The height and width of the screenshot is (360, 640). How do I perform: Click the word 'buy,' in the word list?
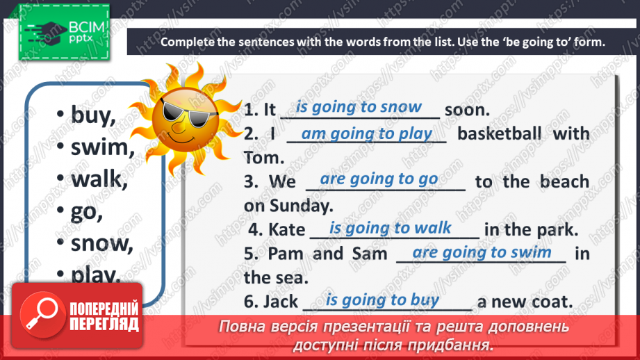[x=93, y=115]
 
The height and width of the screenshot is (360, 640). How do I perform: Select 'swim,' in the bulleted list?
[x=101, y=147]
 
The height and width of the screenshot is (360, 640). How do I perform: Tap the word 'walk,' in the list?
[x=99, y=179]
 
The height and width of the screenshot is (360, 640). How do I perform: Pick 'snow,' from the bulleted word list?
[x=101, y=243]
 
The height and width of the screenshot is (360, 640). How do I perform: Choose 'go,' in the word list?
[x=87, y=211]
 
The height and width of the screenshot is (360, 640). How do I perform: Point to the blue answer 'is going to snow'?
[x=359, y=107]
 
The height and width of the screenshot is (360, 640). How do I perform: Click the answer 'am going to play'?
[x=366, y=133]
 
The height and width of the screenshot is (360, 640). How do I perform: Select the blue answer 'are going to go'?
[x=379, y=179]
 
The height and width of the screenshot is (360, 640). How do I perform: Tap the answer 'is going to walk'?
[x=390, y=228]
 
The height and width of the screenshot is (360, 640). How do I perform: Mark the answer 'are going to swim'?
[x=482, y=252]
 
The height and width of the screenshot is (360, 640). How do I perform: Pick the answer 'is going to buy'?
[x=382, y=300]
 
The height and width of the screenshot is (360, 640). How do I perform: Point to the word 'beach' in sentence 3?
[x=565, y=182]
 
